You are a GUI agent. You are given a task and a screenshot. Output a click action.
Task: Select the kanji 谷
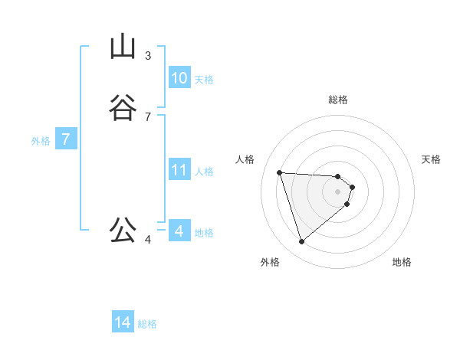123,108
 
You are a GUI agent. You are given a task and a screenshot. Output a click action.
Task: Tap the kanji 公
123,230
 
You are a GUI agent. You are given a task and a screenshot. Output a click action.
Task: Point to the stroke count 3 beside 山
148,56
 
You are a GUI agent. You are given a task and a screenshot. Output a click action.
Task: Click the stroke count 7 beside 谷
148,116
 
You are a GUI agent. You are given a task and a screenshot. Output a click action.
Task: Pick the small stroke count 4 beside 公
148,240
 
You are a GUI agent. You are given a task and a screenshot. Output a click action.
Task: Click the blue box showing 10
179,78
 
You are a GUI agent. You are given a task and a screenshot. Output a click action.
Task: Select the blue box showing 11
179,170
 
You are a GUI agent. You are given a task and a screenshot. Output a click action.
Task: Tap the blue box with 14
123,323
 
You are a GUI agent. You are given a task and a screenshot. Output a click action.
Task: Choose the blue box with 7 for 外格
66,139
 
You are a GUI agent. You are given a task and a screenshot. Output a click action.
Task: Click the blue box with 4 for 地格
179,231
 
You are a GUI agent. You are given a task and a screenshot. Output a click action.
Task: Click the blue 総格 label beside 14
147,324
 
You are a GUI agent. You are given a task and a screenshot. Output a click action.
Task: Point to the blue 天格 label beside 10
204,79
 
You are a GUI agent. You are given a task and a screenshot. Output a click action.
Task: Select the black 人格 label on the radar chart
245,159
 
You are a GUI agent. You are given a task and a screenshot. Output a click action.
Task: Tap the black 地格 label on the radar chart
402,262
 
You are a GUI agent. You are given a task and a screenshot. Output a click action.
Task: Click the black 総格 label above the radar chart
338,100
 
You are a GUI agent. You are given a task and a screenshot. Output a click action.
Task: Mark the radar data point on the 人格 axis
280,172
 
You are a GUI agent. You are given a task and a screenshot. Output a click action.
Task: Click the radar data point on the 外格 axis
302,242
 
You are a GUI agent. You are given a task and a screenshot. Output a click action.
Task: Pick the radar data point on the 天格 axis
352,187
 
